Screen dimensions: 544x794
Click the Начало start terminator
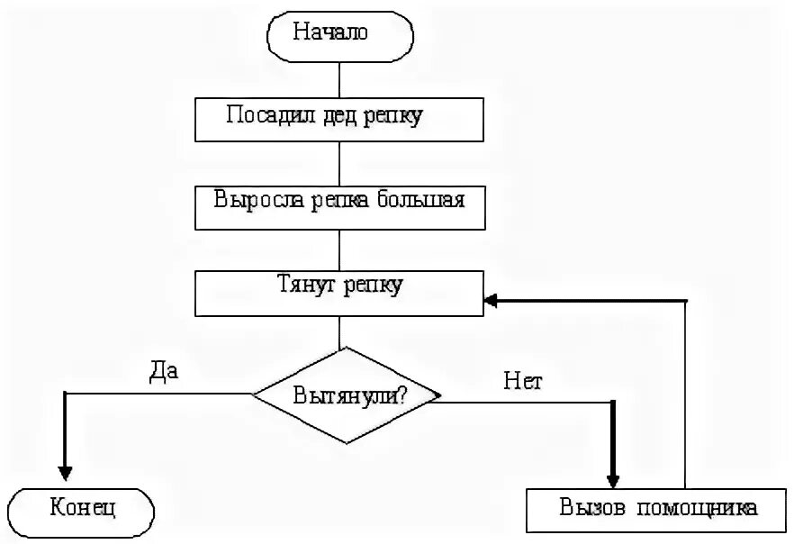340,35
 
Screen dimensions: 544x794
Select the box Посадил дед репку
340,118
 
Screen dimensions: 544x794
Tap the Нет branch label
524,381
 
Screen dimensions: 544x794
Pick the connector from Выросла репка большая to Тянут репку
340,250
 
